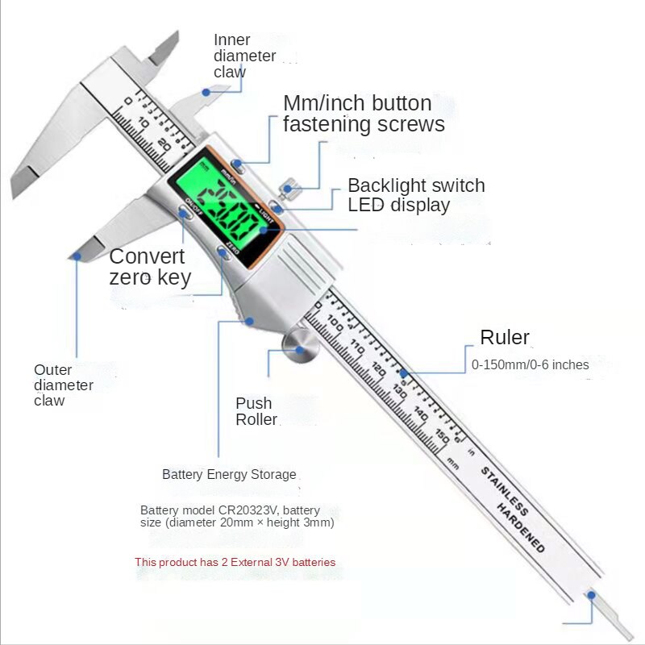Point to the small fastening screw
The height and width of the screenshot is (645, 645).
(287, 190)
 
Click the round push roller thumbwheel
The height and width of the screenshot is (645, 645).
(300, 348)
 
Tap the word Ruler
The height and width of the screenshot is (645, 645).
(505, 337)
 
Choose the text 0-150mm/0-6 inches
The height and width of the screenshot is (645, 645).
(530, 364)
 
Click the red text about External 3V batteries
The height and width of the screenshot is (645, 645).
(235, 562)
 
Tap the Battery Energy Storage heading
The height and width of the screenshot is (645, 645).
(229, 474)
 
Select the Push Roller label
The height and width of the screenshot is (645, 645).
(256, 411)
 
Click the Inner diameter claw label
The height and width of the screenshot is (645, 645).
(243, 56)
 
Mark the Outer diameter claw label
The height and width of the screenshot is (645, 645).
(64, 385)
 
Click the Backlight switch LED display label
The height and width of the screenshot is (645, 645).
(416, 195)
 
